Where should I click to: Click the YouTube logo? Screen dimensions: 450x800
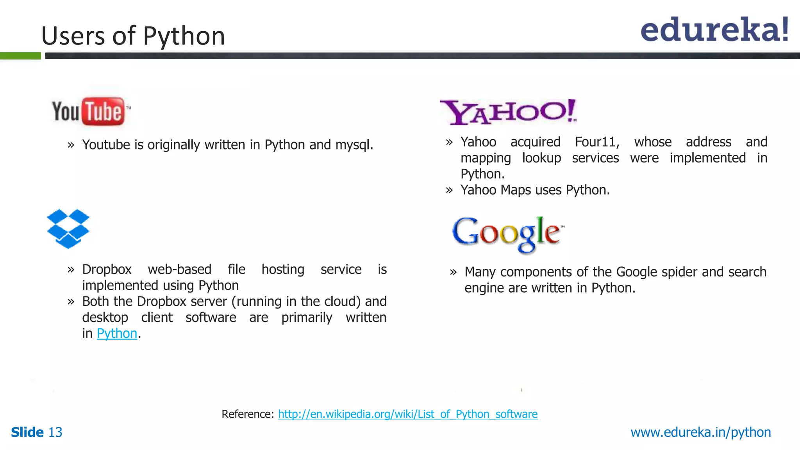coord(91,112)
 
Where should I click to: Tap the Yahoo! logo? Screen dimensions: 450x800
coord(508,112)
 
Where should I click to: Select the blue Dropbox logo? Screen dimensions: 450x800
coord(68,229)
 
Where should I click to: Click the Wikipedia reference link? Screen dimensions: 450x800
coord(407,414)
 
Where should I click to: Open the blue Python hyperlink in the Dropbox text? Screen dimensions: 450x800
coord(117,334)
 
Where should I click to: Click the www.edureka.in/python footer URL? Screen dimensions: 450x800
coord(700,432)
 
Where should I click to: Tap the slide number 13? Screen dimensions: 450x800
coord(55,432)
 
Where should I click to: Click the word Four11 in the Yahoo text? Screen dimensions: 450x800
coord(597,142)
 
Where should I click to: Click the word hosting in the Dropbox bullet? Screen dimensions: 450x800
coord(283,270)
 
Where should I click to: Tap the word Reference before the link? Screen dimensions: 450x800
coord(248,414)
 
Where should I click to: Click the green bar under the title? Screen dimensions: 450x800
coord(20,56)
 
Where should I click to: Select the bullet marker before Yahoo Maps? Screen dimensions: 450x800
coord(449,191)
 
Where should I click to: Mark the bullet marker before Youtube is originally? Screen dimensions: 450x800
coord(71,145)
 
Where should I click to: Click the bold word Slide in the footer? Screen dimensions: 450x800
coord(27,432)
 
